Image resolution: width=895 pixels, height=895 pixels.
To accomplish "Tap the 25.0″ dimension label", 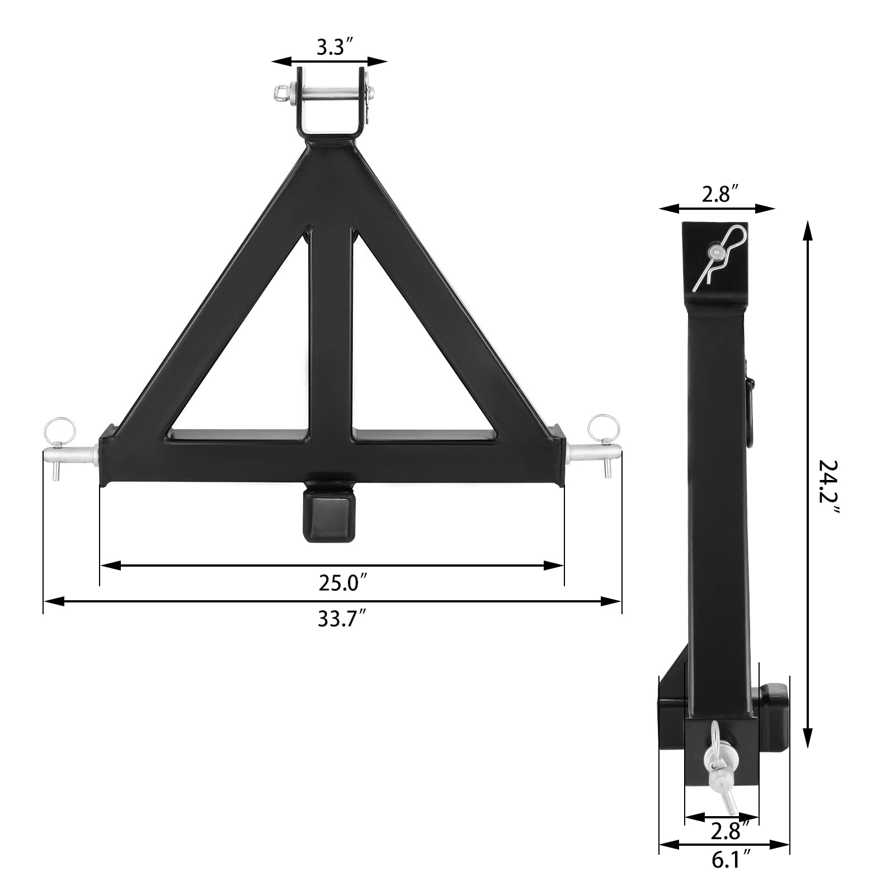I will (342, 583).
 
